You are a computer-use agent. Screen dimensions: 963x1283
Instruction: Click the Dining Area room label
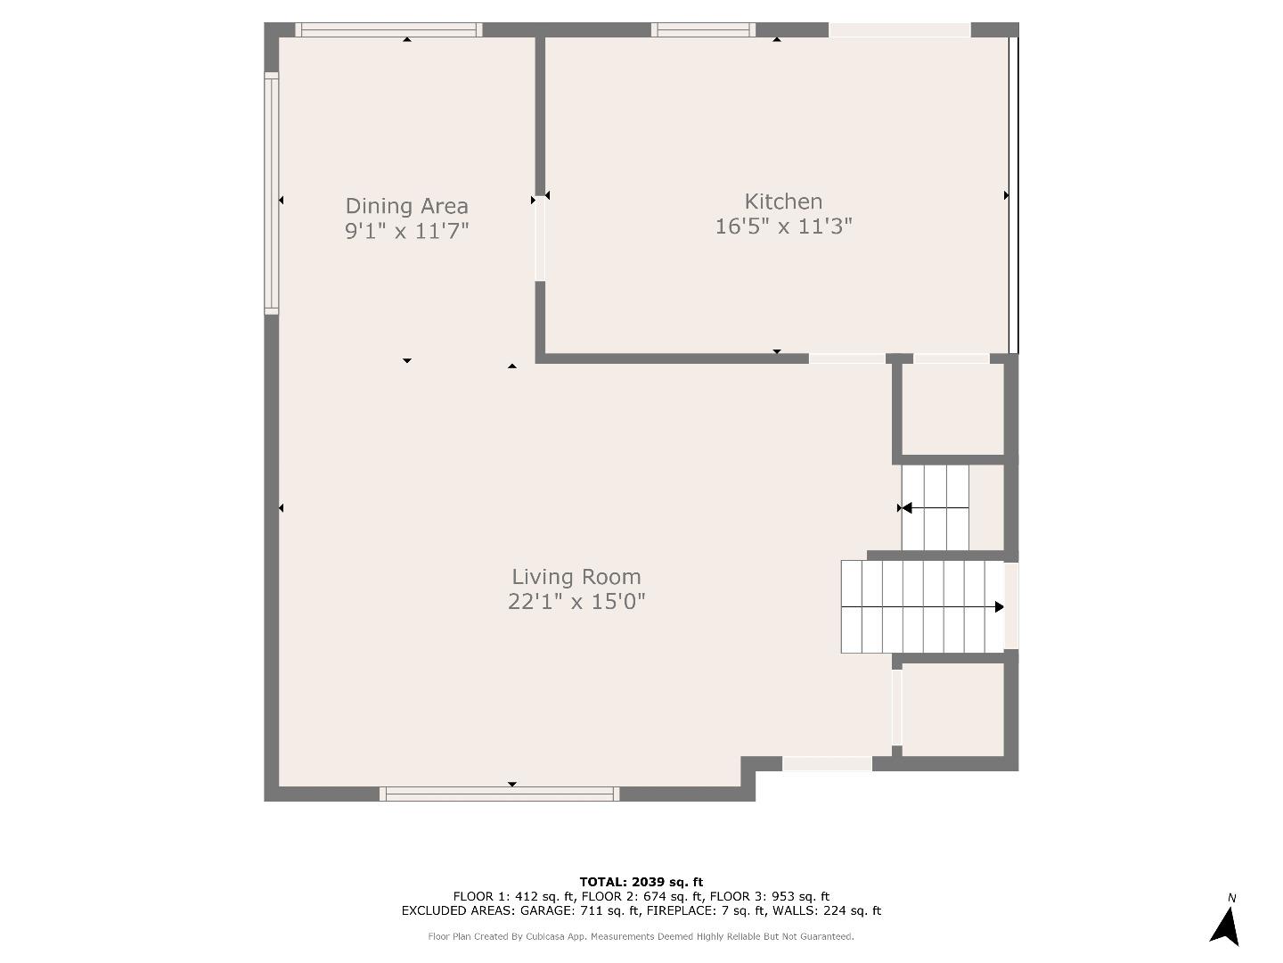tap(406, 206)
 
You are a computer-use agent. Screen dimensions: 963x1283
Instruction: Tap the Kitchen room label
tap(783, 201)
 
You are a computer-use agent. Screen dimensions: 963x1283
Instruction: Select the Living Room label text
tap(576, 576)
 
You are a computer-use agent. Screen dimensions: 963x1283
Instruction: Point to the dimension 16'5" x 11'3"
tap(783, 226)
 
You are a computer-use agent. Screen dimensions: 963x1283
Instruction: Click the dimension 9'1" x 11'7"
tap(406, 231)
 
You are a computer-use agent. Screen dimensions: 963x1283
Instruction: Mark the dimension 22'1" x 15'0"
tap(576, 602)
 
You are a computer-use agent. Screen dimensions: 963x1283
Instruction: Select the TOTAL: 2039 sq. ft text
tap(641, 882)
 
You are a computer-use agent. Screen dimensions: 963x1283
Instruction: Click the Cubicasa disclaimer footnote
tap(641, 936)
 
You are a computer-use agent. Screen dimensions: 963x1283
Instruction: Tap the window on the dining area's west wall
tap(272, 193)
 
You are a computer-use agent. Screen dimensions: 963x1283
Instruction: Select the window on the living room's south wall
tap(499, 794)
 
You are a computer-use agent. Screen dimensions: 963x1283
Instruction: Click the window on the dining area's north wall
tap(388, 29)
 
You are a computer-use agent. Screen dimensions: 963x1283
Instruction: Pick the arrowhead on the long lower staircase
tap(999, 607)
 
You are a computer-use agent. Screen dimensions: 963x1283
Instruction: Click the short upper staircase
tap(935, 507)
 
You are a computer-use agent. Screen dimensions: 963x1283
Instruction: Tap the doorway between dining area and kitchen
tap(540, 239)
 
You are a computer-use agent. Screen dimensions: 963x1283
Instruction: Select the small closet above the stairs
tap(952, 409)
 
